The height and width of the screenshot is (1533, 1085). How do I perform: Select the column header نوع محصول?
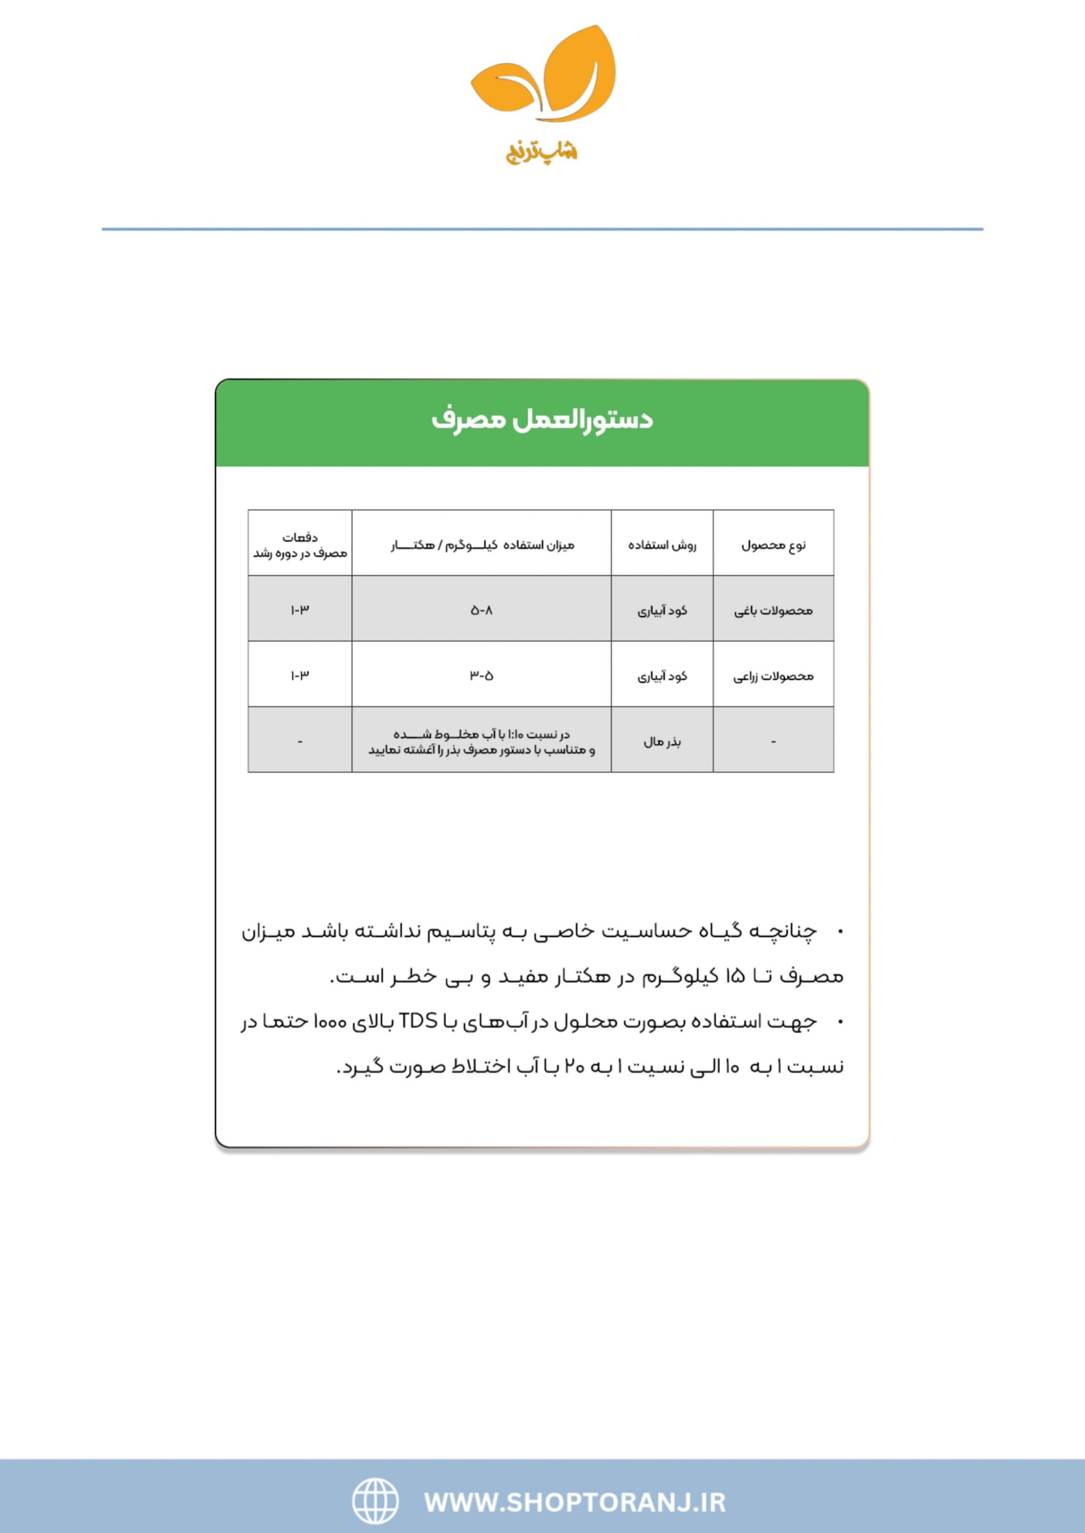click(x=773, y=545)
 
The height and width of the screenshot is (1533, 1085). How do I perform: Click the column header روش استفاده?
click(x=662, y=545)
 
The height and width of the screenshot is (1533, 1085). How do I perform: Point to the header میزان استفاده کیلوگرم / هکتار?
click(x=482, y=545)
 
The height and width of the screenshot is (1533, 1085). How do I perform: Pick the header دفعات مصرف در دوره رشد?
click(x=300, y=545)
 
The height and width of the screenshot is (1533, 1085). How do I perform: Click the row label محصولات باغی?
click(x=773, y=611)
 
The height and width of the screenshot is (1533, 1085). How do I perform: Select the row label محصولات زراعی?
click(x=773, y=676)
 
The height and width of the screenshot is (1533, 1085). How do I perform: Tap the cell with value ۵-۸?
click(x=482, y=611)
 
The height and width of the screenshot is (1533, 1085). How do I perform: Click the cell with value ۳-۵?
click(x=482, y=676)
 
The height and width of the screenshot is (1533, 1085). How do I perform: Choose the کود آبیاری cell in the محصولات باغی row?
click(x=662, y=611)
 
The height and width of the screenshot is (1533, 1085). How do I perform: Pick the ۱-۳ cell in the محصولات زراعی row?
click(x=300, y=676)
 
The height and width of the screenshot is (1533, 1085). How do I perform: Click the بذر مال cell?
click(x=662, y=742)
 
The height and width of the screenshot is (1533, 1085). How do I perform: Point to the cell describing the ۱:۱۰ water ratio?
click(x=482, y=742)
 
